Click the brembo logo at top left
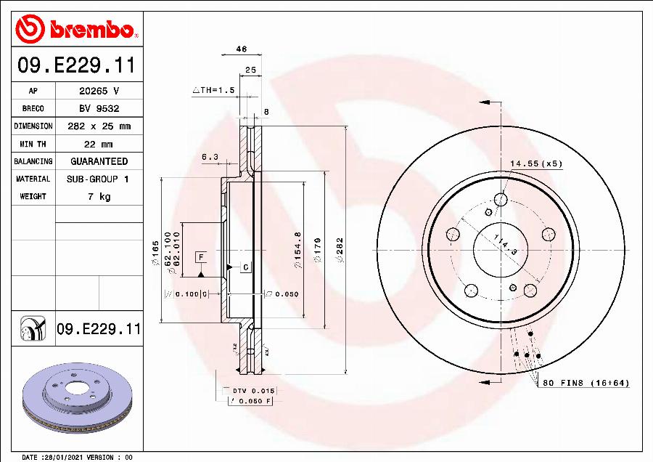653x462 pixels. (75, 29)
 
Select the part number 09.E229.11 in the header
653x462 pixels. (75, 65)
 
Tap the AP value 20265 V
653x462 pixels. (99, 91)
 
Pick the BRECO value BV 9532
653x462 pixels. (99, 108)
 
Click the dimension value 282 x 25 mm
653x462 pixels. (99, 126)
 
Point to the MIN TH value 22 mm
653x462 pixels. (99, 144)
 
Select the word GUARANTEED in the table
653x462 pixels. (99, 161)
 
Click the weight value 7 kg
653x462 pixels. (99, 196)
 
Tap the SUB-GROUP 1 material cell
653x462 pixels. (99, 179)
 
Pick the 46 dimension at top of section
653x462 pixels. (242, 49)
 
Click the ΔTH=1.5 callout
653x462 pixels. (214, 90)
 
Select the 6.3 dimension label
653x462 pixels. (210, 156)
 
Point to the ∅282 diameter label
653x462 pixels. (338, 251)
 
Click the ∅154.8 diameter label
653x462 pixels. (297, 251)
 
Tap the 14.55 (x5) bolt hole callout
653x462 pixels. (535, 164)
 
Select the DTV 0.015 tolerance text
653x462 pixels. (253, 391)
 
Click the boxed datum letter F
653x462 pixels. (200, 256)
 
